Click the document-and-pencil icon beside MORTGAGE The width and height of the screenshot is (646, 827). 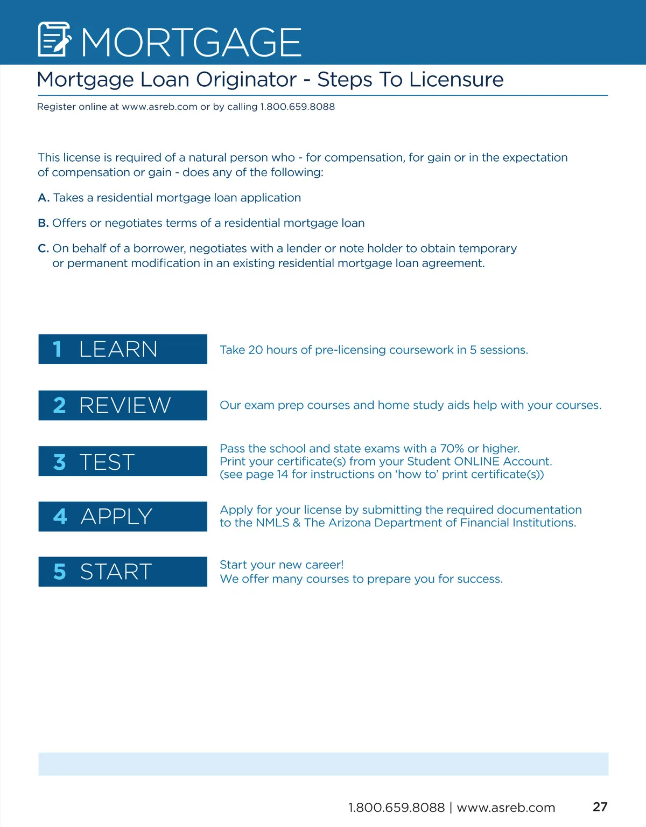click(x=54, y=39)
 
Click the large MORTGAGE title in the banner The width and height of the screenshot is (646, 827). click(x=191, y=42)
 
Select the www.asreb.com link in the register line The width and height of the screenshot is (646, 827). click(x=160, y=107)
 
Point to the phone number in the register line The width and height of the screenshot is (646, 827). click(x=297, y=107)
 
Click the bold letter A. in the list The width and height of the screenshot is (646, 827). click(x=44, y=198)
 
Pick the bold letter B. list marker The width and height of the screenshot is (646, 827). click(x=43, y=223)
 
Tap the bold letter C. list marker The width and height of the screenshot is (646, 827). click(x=43, y=248)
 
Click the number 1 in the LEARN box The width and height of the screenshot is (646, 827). click(x=57, y=349)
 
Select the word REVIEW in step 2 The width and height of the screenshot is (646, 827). click(x=125, y=405)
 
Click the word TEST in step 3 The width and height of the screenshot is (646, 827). click(x=107, y=462)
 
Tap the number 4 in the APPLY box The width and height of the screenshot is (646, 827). click(x=60, y=517)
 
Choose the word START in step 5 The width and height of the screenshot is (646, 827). click(x=116, y=572)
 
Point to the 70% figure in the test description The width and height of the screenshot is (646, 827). click(x=452, y=448)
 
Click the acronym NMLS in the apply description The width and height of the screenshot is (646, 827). click(x=272, y=523)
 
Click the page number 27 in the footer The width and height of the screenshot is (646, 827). click(x=600, y=807)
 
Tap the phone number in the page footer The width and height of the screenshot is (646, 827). click(x=396, y=808)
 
